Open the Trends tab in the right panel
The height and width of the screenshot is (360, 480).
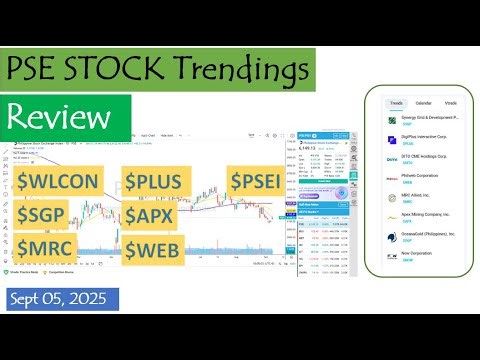(x=396, y=103)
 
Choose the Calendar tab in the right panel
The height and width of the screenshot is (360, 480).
(x=423, y=103)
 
